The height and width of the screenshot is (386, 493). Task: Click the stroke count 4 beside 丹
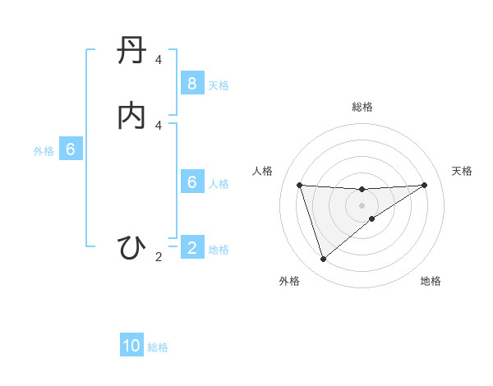[159, 61]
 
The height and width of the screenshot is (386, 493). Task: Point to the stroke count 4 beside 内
[159, 125]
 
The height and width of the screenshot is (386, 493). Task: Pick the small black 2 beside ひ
[159, 257]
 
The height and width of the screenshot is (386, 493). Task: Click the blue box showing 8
[191, 84]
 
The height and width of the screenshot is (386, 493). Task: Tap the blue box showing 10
[132, 347]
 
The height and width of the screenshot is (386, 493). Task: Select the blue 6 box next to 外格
[71, 149]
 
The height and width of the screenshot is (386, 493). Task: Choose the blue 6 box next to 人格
[191, 182]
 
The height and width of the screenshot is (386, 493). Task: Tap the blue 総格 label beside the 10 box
[158, 347]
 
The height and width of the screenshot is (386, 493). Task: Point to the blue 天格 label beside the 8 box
[219, 85]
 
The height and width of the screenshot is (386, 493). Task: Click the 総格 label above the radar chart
[362, 107]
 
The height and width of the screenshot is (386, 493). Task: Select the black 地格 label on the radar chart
[431, 281]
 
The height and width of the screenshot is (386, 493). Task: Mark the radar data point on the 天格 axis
[425, 185]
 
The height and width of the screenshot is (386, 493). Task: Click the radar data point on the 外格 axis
[323, 260]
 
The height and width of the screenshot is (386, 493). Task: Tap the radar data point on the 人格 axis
[299, 185]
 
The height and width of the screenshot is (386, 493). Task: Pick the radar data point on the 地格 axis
[372, 218]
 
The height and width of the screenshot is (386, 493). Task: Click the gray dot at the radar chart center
[362, 204]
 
